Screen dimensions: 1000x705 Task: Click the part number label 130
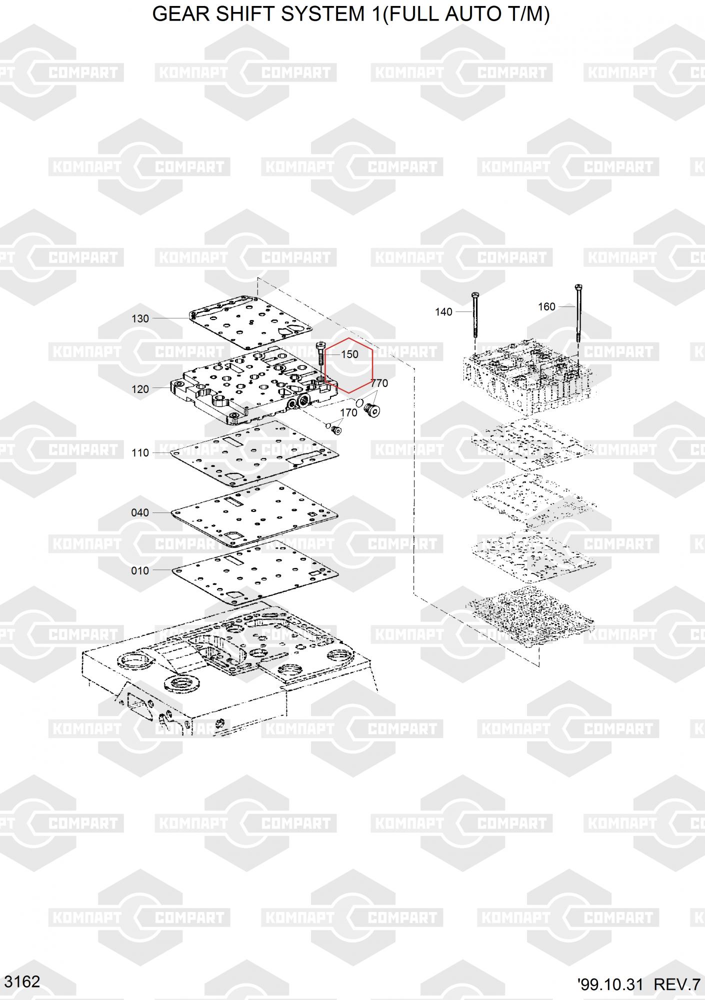tap(140, 318)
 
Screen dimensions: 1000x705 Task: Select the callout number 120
tap(140, 389)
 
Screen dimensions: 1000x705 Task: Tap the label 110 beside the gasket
tap(140, 452)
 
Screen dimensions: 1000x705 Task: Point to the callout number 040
tap(140, 512)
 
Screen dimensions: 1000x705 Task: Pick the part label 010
tap(140, 570)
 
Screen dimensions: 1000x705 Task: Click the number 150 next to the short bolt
tap(349, 354)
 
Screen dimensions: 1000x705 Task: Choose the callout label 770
tap(379, 383)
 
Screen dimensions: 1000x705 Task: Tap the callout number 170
tap(348, 412)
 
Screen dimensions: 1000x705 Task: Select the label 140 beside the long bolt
tap(443, 312)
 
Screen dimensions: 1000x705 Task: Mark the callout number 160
tap(546, 306)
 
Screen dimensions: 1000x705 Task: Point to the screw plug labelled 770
tap(372, 410)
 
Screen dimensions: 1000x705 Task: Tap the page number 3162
tap(22, 981)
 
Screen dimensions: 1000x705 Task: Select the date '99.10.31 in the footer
tap(609, 984)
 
